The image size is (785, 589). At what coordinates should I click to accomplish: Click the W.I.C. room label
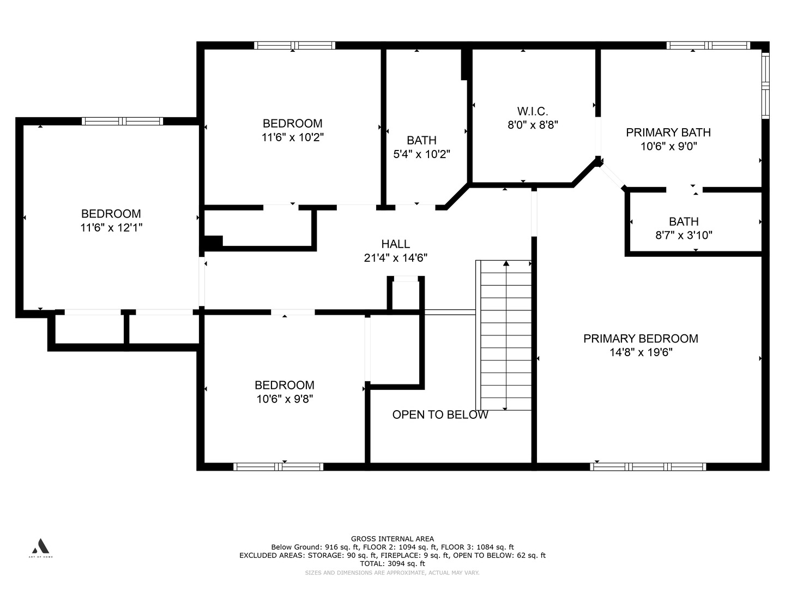click(533, 112)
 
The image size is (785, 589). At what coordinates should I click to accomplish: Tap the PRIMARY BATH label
click(668, 133)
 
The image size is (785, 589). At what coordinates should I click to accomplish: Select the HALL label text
click(396, 244)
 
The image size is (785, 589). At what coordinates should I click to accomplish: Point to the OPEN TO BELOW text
click(440, 414)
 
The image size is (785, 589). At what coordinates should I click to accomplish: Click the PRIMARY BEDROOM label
click(641, 339)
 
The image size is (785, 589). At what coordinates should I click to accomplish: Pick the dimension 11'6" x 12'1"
click(111, 227)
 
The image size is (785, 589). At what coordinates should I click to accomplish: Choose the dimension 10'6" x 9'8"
click(285, 399)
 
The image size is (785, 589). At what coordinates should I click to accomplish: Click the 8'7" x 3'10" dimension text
click(684, 235)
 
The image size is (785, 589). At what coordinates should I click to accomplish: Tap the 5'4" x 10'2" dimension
click(421, 154)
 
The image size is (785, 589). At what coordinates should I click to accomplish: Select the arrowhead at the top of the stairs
click(506, 263)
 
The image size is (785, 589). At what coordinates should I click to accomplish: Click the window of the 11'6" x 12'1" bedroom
click(122, 121)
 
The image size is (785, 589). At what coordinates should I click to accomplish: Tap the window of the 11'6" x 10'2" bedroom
click(295, 45)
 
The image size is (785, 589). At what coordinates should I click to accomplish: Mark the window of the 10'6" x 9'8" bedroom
click(278, 467)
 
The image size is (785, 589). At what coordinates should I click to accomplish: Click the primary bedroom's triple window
click(648, 467)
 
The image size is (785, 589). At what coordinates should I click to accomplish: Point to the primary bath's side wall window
click(765, 86)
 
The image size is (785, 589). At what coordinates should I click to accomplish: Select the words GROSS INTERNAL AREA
click(392, 539)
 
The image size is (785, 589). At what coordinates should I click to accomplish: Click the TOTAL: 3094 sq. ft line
click(392, 563)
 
